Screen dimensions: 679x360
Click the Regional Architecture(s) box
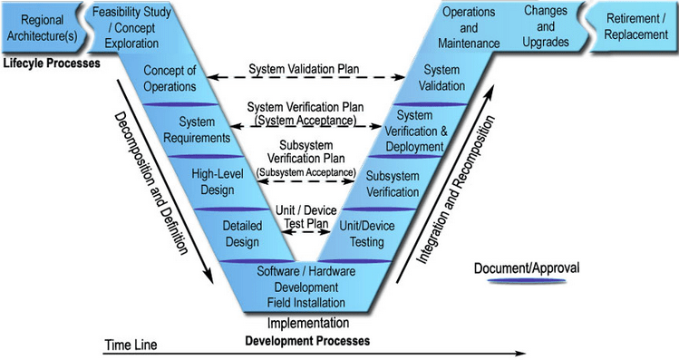coord(42,28)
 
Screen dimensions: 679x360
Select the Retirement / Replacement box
coord(635,27)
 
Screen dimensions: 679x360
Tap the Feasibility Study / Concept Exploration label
coord(131,28)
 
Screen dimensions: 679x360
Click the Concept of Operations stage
coord(170,78)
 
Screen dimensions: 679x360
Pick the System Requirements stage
coord(197,130)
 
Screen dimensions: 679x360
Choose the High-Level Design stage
coord(218,182)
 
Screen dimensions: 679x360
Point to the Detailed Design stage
coord(242,234)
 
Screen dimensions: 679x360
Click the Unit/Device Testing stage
coord(367,234)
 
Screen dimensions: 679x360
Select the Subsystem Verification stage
coord(393,184)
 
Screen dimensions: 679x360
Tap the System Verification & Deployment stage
coord(416,131)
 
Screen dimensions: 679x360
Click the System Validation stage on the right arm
coord(441,78)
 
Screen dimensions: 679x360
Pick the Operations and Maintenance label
coord(469,28)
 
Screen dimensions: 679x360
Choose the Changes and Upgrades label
coord(546,26)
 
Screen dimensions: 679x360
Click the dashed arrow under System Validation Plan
coord(306,78)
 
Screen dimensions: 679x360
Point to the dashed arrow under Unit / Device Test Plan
coord(306,232)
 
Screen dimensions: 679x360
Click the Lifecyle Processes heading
coord(52,63)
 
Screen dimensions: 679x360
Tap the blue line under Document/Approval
coord(527,281)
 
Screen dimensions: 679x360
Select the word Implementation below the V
coord(308,323)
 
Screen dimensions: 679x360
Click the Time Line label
coord(131,345)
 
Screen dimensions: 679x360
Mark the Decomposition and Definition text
coord(151,183)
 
